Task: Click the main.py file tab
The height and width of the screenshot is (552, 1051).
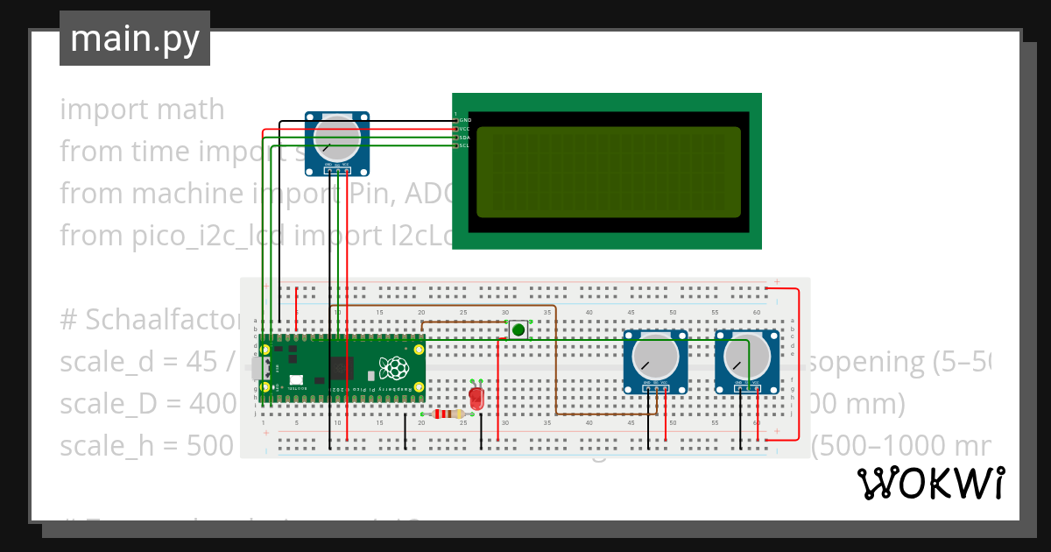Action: [x=135, y=39]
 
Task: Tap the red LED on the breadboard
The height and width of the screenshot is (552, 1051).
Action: [x=476, y=398]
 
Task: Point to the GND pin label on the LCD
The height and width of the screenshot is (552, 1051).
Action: [x=465, y=119]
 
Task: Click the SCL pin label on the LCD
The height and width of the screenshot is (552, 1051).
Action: [x=464, y=145]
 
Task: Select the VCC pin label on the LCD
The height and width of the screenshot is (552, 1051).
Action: [x=464, y=129]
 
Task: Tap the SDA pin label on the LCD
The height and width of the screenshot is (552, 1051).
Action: [x=464, y=138]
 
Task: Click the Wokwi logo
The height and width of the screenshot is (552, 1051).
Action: [x=930, y=483]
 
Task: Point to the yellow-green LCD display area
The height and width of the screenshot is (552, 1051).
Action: [x=609, y=172]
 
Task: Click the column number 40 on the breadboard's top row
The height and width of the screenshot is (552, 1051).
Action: [x=589, y=313]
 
